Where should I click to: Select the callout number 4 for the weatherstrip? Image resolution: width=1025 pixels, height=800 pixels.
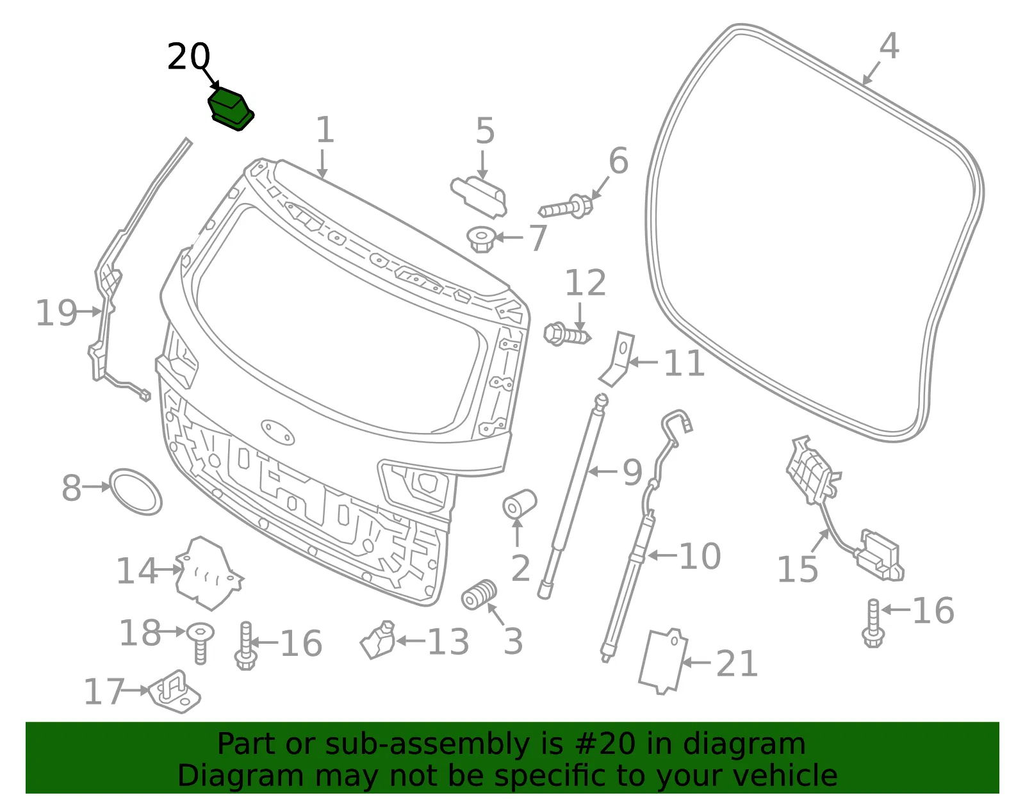pyautogui.click(x=889, y=45)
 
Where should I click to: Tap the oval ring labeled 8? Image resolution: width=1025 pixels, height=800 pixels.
pyautogui.click(x=136, y=492)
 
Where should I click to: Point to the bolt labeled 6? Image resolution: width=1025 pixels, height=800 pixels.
pyautogui.click(x=566, y=208)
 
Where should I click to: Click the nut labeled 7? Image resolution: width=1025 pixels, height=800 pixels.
pyautogui.click(x=480, y=240)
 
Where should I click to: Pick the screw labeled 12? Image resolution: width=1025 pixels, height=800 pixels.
pyautogui.click(x=567, y=334)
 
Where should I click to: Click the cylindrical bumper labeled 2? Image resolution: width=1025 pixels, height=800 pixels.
pyautogui.click(x=520, y=504)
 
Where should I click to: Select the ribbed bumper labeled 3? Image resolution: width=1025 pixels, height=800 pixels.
pyautogui.click(x=479, y=594)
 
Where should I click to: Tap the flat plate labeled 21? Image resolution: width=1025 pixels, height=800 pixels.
pyautogui.click(x=663, y=662)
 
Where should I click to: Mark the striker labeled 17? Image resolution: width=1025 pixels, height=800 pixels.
pyautogui.click(x=174, y=692)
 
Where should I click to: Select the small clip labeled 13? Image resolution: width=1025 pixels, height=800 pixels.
pyautogui.click(x=378, y=640)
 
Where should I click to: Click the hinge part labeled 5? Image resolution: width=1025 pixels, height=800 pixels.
pyautogui.click(x=479, y=197)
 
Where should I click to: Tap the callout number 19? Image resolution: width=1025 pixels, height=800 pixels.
pyautogui.click(x=56, y=313)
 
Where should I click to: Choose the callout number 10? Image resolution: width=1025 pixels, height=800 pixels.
pyautogui.click(x=700, y=556)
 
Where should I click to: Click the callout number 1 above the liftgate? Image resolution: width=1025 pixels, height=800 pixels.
pyautogui.click(x=325, y=129)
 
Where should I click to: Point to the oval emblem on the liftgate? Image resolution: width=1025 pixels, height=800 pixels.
pyautogui.click(x=278, y=432)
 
